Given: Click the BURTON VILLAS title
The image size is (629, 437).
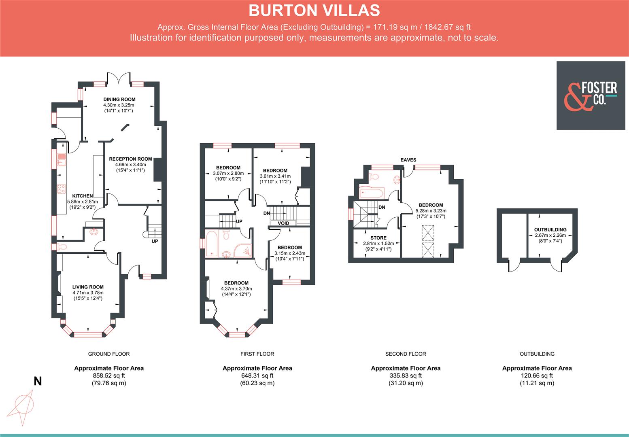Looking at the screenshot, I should coord(314,11).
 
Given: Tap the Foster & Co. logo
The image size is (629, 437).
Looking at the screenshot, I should coord(591,95).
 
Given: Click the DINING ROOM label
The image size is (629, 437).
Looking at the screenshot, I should coord(119,100).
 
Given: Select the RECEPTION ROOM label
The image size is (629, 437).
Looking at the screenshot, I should coord(130,159).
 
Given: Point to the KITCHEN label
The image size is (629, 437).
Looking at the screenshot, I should coord(83,196).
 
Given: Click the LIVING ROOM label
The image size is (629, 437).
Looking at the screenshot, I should coord(88,287).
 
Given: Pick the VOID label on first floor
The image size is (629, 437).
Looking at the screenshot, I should coord(283,223).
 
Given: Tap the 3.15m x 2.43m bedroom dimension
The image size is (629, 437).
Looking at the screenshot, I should coord(289,253).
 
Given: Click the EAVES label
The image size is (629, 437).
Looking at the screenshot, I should coord(408,160).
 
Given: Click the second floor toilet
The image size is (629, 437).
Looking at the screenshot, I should coord(374,176).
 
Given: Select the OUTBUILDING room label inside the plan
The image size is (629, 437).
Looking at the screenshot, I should coord(550,229).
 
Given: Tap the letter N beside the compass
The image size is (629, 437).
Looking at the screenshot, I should coord(38,381).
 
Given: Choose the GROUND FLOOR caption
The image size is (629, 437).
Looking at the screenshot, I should coord(109,354).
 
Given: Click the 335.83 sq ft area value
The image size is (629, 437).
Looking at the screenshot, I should coord(406,375).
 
